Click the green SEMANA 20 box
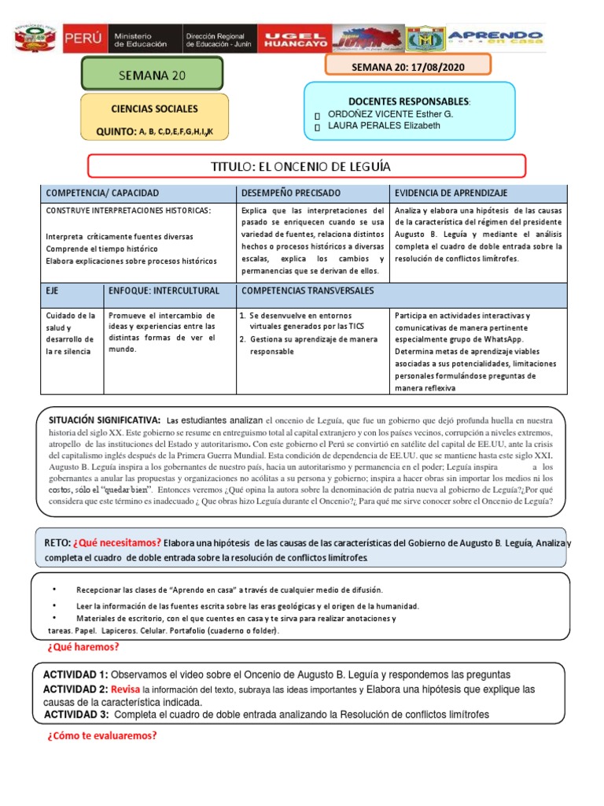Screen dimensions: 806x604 click(x=153, y=75)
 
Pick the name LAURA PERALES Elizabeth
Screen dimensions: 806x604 click(x=384, y=126)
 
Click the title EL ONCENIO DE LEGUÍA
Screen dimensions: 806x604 click(x=306, y=166)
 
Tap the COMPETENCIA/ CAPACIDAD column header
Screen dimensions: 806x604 click(x=102, y=193)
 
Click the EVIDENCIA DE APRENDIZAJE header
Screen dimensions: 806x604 click(x=451, y=193)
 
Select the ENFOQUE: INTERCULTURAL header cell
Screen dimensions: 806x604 click(x=164, y=290)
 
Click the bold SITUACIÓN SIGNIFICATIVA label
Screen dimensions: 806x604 click(x=104, y=420)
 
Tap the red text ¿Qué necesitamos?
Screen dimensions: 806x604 click(x=117, y=542)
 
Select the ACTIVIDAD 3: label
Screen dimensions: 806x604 click(x=75, y=715)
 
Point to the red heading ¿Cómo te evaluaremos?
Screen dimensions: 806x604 click(x=102, y=736)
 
